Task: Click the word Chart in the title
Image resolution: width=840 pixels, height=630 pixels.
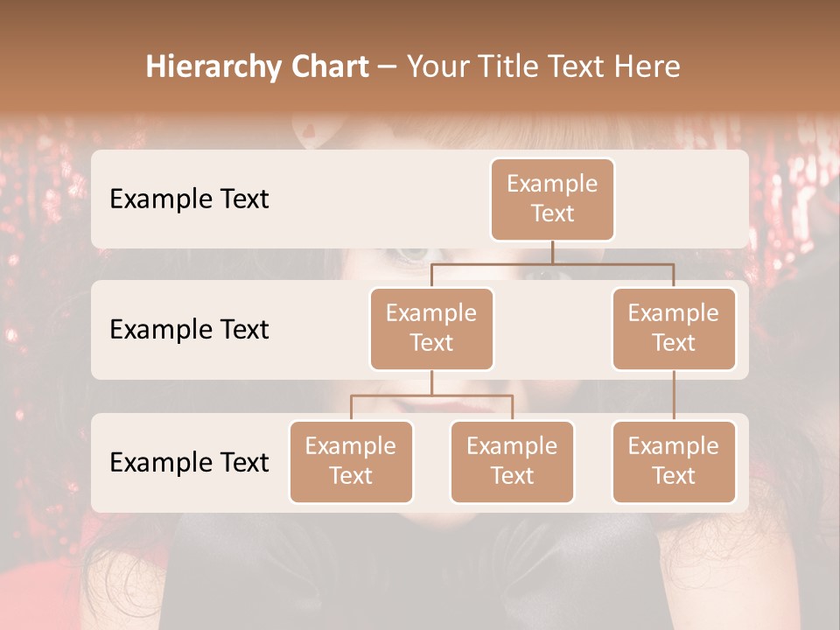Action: [329, 67]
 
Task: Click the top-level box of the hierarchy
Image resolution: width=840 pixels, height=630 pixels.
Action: [552, 199]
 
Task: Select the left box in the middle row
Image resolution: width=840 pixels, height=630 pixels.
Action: [431, 328]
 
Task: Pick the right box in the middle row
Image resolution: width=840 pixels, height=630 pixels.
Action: [674, 328]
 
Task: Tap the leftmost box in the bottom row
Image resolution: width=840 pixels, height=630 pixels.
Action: [351, 461]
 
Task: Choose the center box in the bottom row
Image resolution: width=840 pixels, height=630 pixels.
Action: [512, 461]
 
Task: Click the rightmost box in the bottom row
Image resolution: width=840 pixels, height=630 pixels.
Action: [674, 461]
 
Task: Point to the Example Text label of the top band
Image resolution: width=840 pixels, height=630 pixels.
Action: [189, 199]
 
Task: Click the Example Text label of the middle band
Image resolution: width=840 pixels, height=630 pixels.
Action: [189, 330]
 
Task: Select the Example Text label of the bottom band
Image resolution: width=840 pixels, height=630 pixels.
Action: [189, 462]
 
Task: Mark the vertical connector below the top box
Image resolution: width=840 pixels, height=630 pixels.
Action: [552, 252]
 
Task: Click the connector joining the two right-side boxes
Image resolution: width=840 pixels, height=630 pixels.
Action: [674, 395]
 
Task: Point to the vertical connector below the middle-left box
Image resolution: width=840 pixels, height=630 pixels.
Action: [431, 382]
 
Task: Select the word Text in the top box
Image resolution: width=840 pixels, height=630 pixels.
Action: [552, 213]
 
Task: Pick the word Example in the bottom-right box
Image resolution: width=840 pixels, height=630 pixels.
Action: [674, 446]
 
